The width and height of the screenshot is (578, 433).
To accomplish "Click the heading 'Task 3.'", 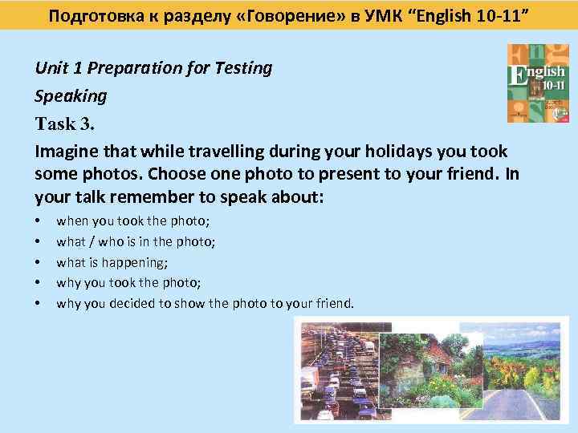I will (69, 123).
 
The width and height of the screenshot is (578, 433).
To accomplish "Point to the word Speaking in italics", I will (71, 96).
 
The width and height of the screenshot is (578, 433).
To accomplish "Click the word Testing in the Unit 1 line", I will (243, 68).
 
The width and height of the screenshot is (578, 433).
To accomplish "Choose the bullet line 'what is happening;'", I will (112, 261).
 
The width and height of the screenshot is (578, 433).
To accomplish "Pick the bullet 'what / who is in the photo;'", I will (136, 241).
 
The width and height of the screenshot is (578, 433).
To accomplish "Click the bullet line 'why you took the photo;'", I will (128, 282).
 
